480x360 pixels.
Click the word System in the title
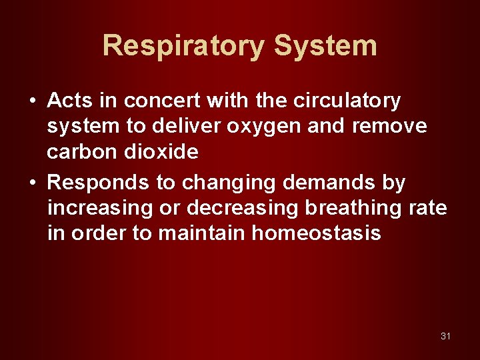point(325,46)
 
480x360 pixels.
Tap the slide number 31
point(445,336)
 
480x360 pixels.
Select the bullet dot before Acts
point(32,101)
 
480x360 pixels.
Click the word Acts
point(70,101)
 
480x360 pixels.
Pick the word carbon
point(80,152)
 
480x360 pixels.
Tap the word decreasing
point(243,208)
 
